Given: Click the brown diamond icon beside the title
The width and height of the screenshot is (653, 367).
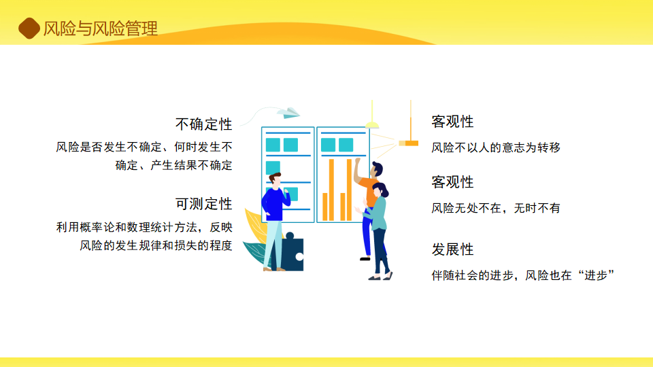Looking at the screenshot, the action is [x=29, y=29].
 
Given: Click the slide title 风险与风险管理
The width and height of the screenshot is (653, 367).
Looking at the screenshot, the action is [x=101, y=29].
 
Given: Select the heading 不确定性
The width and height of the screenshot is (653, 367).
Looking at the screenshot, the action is [x=203, y=124].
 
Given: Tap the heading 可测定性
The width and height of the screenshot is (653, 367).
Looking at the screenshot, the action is [x=203, y=204].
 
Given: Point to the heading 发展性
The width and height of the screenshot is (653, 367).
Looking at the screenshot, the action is [x=452, y=249].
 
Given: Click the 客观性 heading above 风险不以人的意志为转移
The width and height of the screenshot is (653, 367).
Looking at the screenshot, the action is [x=452, y=122].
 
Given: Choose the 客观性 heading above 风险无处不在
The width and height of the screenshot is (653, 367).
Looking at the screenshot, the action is [x=452, y=182].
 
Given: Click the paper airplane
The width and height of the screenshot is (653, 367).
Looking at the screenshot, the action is [x=288, y=112].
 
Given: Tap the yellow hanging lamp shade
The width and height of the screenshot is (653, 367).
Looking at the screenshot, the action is [x=372, y=125].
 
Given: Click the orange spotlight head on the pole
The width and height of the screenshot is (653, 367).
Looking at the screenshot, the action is [x=409, y=143].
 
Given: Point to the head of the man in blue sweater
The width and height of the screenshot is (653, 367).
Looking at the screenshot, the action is [x=275, y=179].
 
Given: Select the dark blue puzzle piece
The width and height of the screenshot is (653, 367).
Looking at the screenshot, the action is [x=292, y=252].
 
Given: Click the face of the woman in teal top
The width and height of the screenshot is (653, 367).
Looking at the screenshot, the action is [x=377, y=192].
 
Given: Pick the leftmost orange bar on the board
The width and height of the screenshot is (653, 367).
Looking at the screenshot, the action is [x=325, y=207].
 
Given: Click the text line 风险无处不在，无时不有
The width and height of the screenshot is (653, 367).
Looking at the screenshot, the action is [x=496, y=208].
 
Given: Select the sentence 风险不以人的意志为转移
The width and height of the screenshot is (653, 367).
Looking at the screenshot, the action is [x=496, y=147].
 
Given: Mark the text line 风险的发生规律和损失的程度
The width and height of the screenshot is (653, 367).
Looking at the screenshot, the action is [x=156, y=245].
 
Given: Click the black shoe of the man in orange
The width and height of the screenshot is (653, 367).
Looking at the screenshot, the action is [x=365, y=259].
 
